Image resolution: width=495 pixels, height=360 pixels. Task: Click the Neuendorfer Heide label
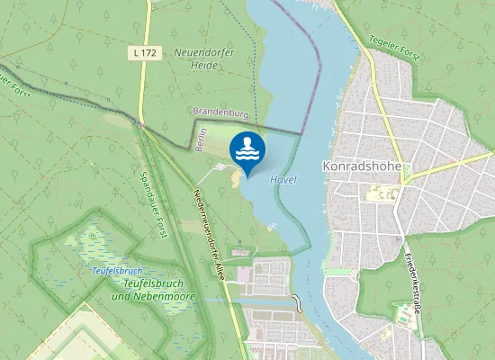pos(204,59)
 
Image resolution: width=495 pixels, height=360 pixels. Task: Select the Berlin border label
pos(202,140)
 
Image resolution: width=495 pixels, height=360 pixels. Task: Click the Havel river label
pos(283,179)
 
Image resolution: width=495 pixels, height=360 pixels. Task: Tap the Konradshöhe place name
pos(361,166)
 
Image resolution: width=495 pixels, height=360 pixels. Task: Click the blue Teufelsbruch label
pos(118,271)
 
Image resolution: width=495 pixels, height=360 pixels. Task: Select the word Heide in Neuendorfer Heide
pos(204,67)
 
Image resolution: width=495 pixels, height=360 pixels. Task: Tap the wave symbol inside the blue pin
pos(247,148)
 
